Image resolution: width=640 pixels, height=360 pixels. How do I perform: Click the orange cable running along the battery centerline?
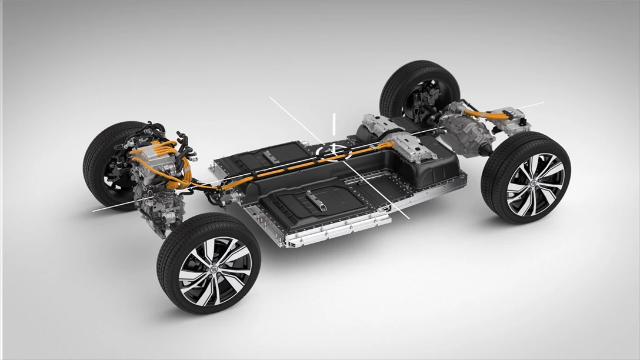coord(294,167)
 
